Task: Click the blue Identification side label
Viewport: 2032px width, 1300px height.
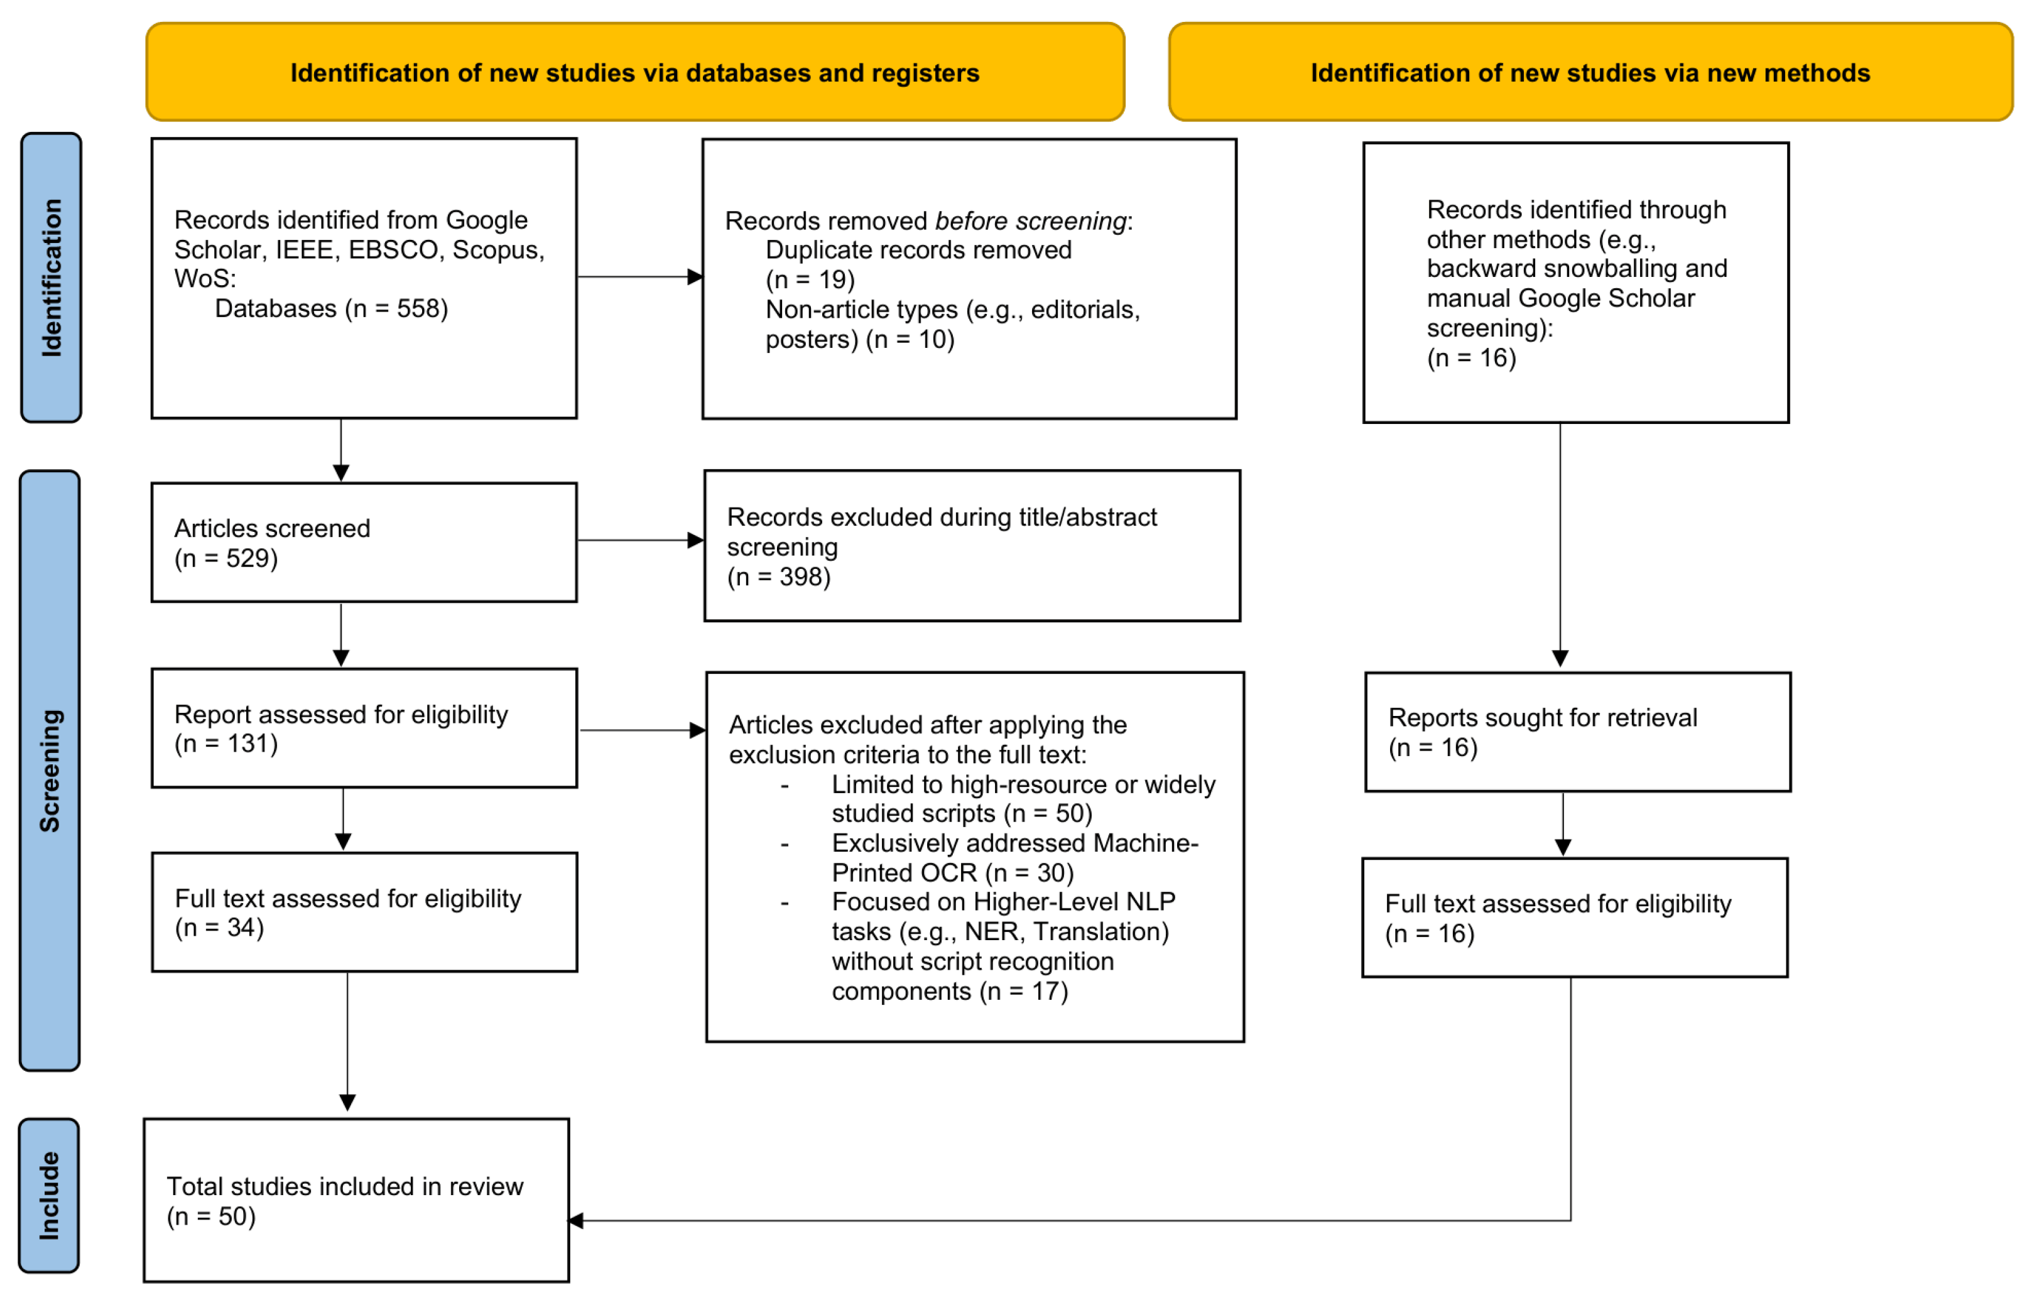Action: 52,278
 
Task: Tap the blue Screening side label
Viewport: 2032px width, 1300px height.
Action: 50,771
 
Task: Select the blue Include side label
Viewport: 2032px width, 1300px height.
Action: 49,1195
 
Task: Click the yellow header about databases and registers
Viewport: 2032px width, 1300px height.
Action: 635,72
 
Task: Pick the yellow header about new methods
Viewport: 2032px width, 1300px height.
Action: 1590,72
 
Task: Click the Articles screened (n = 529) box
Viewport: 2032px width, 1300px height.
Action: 364,542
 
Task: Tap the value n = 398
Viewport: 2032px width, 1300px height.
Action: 780,577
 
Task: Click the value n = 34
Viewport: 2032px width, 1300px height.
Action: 219,928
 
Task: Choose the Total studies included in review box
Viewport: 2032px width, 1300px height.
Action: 356,1200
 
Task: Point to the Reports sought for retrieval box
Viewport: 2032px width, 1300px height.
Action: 1578,732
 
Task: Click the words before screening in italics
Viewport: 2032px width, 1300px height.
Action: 1030,221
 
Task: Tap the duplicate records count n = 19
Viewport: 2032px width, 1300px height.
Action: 810,279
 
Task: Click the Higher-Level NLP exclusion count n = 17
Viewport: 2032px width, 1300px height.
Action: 1024,991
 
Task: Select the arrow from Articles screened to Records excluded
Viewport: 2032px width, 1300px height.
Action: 641,540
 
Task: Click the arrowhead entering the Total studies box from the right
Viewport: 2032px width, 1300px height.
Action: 576,1221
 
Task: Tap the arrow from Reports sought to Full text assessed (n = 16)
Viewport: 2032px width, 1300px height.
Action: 1563,824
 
